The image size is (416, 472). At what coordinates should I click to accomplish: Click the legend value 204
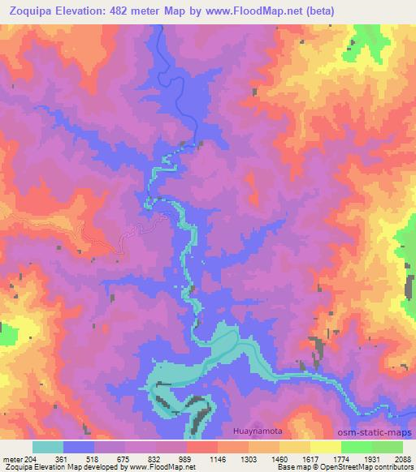29,459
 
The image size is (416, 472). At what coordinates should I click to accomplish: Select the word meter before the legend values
11,459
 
